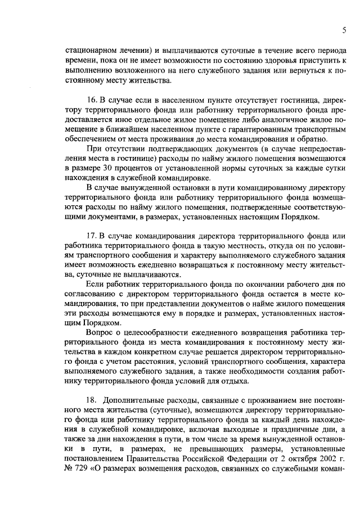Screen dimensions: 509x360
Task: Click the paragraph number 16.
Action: coord(92,99)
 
